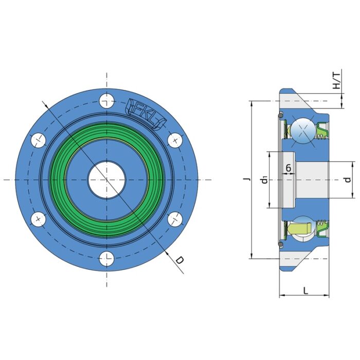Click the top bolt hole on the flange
coord(107,100)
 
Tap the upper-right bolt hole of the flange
coord(175,139)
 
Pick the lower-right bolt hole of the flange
coord(175,219)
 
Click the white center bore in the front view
coord(107,179)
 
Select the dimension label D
coord(179,260)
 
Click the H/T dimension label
coord(336,80)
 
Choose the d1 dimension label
coord(263,179)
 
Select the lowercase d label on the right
coord(348,179)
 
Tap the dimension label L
coord(305,291)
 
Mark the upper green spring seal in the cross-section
coord(322,131)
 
